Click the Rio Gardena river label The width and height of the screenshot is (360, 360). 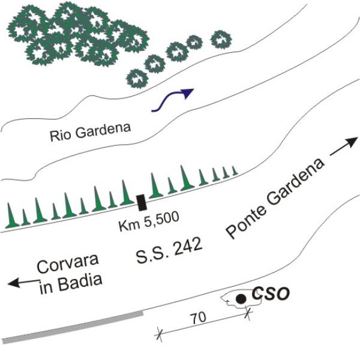pos(90,133)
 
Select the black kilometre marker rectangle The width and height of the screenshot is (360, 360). pos(142,202)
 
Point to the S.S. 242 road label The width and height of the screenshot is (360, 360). pos(169,250)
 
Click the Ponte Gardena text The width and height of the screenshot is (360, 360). pos(275,198)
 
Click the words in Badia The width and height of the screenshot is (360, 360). pos(70,284)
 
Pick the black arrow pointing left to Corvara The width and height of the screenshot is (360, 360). pos(23,283)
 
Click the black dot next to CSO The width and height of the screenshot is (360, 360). pos(241,299)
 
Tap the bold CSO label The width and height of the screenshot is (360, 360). pos(271,293)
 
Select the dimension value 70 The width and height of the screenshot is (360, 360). pos(199,318)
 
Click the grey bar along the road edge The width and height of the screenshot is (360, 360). pos(73,327)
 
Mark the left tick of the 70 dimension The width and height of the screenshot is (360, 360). pos(159,335)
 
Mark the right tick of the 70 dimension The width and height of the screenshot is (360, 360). pos(248,313)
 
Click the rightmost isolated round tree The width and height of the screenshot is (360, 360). pos(221,40)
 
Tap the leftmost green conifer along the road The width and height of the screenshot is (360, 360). pos(11,215)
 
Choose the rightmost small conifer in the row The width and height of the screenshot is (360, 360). pos(235,170)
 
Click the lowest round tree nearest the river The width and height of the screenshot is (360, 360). pos(137,79)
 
